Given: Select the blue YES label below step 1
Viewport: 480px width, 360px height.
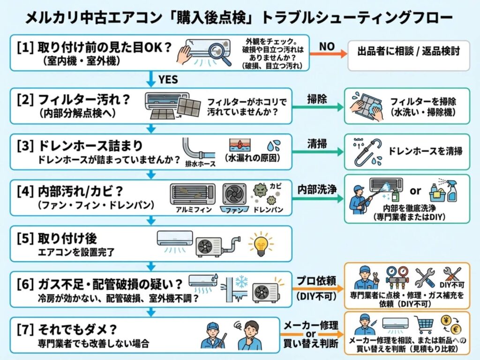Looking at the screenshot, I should pyautogui.click(x=167, y=80).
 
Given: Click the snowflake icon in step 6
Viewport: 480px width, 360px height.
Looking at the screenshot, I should pyautogui.click(x=240, y=282).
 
